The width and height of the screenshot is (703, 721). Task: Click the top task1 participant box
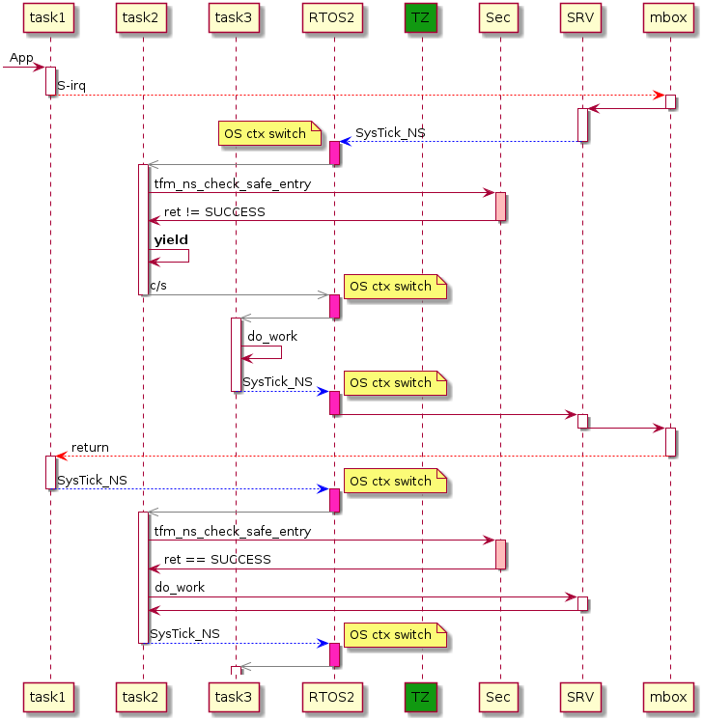tap(49, 18)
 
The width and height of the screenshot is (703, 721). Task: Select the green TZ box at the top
tap(420, 18)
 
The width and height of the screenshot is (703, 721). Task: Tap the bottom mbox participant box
tap(669, 695)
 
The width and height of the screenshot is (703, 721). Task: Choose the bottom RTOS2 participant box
tap(334, 695)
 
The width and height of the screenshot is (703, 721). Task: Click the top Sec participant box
tap(499, 18)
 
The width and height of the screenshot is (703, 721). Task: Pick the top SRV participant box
tap(581, 18)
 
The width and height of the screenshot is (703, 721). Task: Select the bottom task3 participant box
tap(235, 695)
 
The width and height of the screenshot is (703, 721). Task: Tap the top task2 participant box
tap(142, 18)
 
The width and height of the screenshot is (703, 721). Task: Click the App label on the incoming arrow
tap(21, 59)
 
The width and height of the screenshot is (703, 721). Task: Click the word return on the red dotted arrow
tap(90, 448)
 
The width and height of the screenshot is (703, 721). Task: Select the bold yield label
tap(171, 239)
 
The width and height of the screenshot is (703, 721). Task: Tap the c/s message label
tap(158, 286)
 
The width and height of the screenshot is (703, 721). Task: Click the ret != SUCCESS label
tap(214, 211)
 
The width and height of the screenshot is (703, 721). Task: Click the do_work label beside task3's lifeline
tap(272, 336)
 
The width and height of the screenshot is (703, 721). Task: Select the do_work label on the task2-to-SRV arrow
tap(180, 587)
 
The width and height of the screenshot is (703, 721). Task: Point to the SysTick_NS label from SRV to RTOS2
tap(390, 133)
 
